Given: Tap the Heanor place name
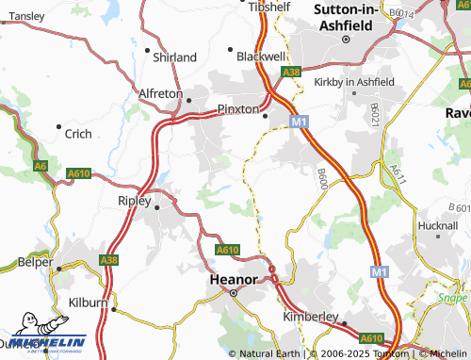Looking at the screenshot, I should (x=233, y=280).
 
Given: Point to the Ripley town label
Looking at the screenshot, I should (x=134, y=201).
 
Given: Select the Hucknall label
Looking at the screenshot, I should (x=437, y=227).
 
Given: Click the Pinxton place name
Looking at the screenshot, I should (x=237, y=109).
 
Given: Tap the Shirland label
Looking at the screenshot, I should (x=174, y=57).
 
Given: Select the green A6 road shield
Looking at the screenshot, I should (x=41, y=166).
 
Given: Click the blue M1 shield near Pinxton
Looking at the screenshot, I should (x=299, y=121).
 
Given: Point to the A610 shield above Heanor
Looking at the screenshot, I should (x=227, y=250).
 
